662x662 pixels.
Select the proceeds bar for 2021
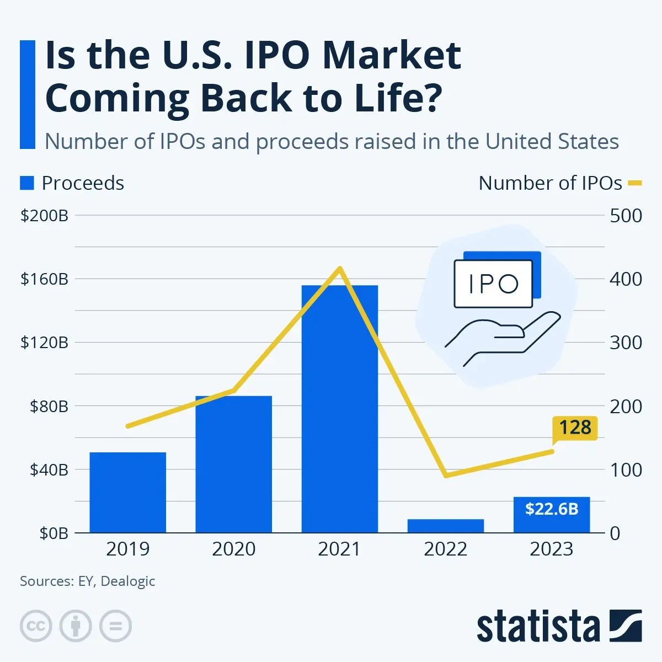click(x=339, y=408)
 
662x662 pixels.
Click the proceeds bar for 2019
click(x=127, y=492)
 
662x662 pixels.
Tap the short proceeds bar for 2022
click(x=445, y=526)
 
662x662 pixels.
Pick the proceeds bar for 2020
click(x=233, y=464)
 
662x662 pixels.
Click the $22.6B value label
click(x=551, y=509)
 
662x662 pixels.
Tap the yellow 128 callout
click(x=575, y=428)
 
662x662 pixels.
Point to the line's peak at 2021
click(x=340, y=269)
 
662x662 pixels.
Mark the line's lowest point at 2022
click(x=445, y=475)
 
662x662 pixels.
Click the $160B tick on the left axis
click(x=44, y=279)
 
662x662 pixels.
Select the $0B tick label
click(x=54, y=533)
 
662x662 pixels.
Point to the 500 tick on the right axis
click(x=626, y=216)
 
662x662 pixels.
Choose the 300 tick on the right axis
click(x=626, y=343)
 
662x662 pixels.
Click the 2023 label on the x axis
click(x=551, y=549)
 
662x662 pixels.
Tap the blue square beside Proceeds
click(x=27, y=183)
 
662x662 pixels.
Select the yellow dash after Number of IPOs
click(x=635, y=183)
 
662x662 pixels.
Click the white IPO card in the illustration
click(x=493, y=284)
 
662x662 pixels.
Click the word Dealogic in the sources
click(x=128, y=581)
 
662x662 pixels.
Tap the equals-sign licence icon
click(x=115, y=626)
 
